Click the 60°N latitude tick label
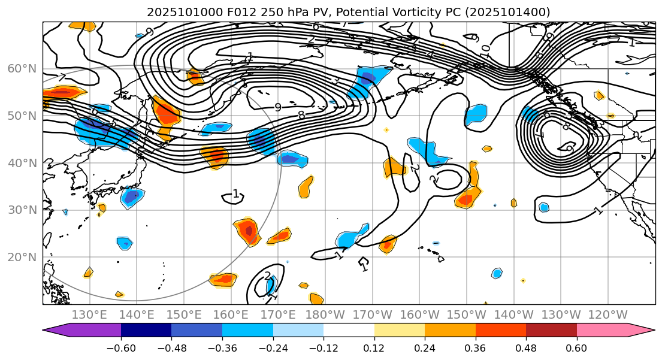[22, 69]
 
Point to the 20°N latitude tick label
[22, 258]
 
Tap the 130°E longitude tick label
[89, 314]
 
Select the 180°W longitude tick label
[325, 314]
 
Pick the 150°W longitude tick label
[466, 314]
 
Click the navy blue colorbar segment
[146, 330]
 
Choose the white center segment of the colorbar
[349, 330]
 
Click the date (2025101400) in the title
[514, 12]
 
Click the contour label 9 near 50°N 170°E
[277, 107]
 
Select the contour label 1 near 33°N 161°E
[235, 194]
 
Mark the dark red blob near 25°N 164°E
[249, 230]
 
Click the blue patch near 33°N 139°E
[132, 196]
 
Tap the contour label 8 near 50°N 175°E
[301, 114]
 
